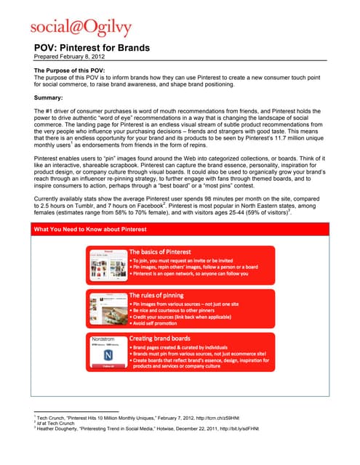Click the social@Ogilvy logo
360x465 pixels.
point(81,27)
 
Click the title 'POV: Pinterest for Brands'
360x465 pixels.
point(92,48)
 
